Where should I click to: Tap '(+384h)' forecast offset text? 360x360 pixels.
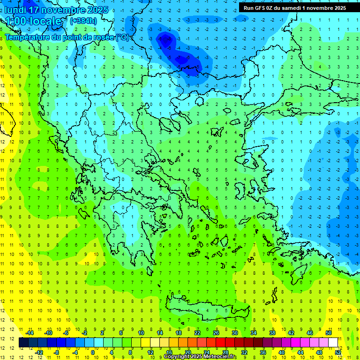click(83, 21)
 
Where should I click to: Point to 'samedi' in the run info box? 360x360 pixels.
click(291, 7)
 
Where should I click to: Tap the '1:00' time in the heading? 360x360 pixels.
click(16, 22)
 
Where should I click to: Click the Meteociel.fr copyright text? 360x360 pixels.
click(200, 357)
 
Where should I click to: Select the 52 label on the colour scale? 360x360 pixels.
click(338, 352)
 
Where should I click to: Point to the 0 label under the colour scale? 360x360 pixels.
click(93, 352)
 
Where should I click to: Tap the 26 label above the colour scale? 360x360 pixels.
click(216, 333)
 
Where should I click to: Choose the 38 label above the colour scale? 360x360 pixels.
click(272, 333)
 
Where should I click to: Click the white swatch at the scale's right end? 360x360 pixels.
click(333, 343)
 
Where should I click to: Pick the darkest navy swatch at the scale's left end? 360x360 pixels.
click(23, 343)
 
